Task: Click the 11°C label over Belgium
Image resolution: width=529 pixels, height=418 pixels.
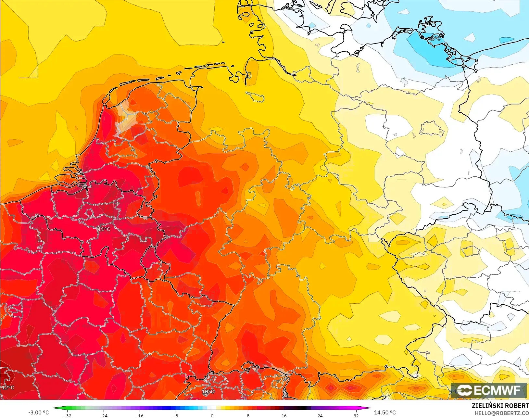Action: pyautogui.click(x=104, y=229)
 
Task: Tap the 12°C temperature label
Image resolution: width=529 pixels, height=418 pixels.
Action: pyautogui.click(x=8, y=387)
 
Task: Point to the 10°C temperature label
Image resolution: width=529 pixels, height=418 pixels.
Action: pyautogui.click(x=208, y=392)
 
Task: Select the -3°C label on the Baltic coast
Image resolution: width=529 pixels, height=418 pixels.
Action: pyautogui.click(x=435, y=39)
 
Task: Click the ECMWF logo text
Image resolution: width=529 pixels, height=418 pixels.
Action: pyautogui.click(x=497, y=390)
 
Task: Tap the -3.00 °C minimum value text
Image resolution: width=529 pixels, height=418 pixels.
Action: pyautogui.click(x=38, y=412)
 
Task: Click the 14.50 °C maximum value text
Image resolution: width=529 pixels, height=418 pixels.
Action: pyautogui.click(x=385, y=412)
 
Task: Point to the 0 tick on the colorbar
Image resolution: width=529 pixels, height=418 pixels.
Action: pyautogui.click(x=212, y=416)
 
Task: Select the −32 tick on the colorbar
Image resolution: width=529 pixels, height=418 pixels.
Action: pyautogui.click(x=68, y=416)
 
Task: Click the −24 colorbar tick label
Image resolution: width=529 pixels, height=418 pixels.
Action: pyautogui.click(x=104, y=416)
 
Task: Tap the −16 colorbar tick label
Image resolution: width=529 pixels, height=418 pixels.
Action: pyautogui.click(x=140, y=416)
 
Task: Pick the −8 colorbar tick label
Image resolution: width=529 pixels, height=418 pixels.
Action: pyautogui.click(x=176, y=416)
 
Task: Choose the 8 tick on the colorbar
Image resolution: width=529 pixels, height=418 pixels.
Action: pyautogui.click(x=248, y=416)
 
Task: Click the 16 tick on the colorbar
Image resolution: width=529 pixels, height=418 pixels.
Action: pyautogui.click(x=284, y=416)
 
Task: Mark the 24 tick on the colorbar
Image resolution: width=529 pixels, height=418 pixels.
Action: pyautogui.click(x=320, y=416)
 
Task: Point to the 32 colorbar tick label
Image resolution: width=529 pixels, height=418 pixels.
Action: pyautogui.click(x=356, y=416)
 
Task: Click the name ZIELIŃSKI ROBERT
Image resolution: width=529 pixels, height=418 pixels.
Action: pyautogui.click(x=500, y=406)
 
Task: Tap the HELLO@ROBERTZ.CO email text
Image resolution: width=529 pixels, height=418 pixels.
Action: pyautogui.click(x=502, y=413)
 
